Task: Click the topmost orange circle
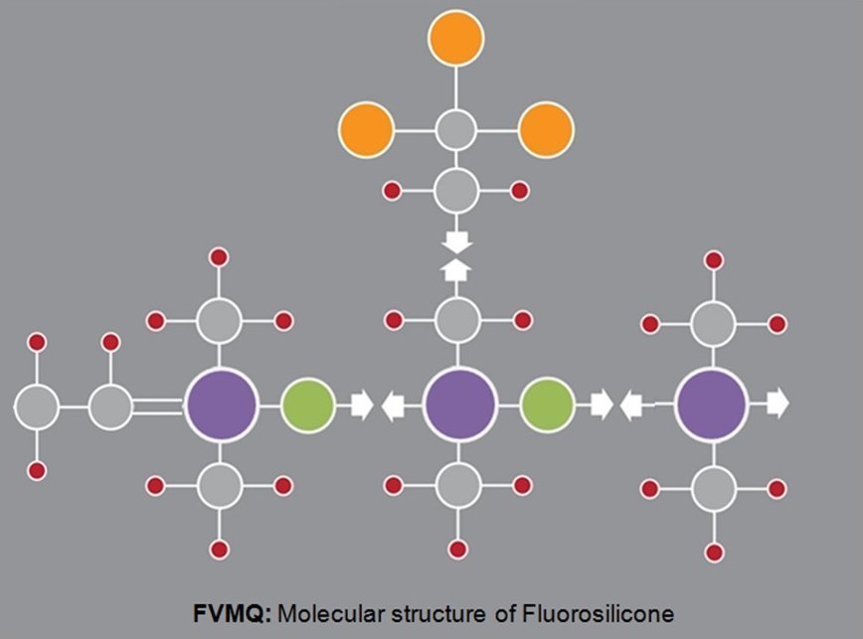(x=456, y=38)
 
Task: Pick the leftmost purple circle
(x=221, y=404)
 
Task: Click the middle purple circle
(x=459, y=404)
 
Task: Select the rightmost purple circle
(x=711, y=404)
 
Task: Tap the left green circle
(x=307, y=404)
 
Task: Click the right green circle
(x=547, y=404)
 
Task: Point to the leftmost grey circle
(x=36, y=406)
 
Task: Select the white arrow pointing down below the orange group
(x=457, y=241)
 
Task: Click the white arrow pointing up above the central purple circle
(x=457, y=269)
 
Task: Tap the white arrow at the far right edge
(x=777, y=403)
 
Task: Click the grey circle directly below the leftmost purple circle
(x=220, y=486)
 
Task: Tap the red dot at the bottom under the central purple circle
(x=458, y=549)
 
